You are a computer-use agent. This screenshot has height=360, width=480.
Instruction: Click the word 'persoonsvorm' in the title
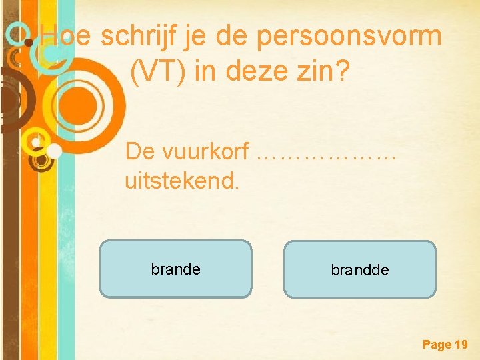click(x=349, y=37)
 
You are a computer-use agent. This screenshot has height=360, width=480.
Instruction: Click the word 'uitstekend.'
click(x=181, y=180)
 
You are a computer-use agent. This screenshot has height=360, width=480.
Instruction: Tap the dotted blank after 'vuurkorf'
click(x=327, y=153)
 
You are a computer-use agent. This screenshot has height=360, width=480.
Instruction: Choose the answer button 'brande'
click(x=176, y=269)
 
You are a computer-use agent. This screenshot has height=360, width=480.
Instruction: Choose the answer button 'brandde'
click(x=360, y=269)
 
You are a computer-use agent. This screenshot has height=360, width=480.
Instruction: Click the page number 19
click(x=461, y=345)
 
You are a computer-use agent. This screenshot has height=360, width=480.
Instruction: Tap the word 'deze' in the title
click(x=255, y=71)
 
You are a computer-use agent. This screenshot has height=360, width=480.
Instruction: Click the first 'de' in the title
click(x=231, y=35)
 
